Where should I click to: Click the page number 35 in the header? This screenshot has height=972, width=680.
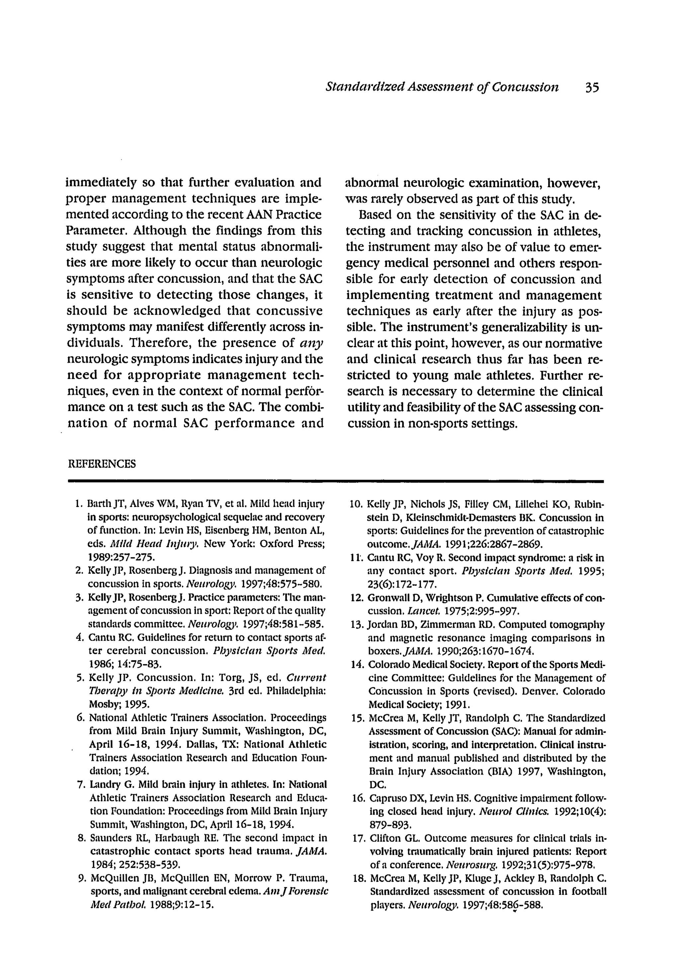coord(592,87)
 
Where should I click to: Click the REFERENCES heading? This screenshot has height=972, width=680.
coord(102,464)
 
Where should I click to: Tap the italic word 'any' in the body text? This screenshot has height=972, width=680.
coord(311,342)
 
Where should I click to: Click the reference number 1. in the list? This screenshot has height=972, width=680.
coord(77,504)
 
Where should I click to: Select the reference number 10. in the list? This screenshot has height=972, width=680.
coord(356,504)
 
